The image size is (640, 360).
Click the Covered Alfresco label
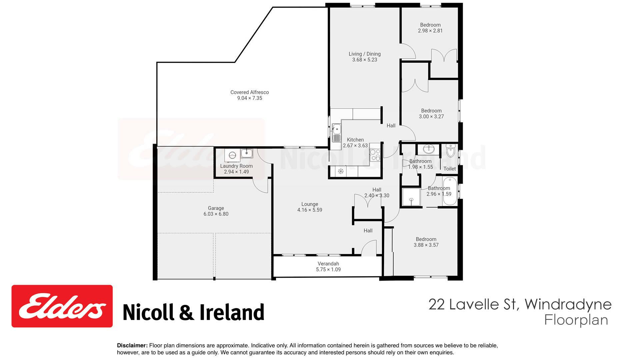(249, 92)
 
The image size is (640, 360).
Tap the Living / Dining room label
(364, 54)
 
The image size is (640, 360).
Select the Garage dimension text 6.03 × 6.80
(216, 214)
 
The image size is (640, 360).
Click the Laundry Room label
(236, 166)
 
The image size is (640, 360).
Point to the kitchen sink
(337, 132)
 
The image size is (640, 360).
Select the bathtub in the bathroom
(447, 191)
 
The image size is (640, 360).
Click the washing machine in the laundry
(232, 155)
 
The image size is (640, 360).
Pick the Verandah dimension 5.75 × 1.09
(328, 270)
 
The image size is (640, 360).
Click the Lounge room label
(310, 204)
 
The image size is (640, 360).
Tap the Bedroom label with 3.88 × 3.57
(426, 239)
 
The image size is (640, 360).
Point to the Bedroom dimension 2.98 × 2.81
(430, 31)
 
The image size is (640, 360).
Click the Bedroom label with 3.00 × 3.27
(431, 111)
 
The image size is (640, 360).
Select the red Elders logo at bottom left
(62, 306)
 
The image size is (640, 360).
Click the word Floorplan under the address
(576, 320)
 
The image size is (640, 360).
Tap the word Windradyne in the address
(568, 304)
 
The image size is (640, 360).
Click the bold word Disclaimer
(132, 346)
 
